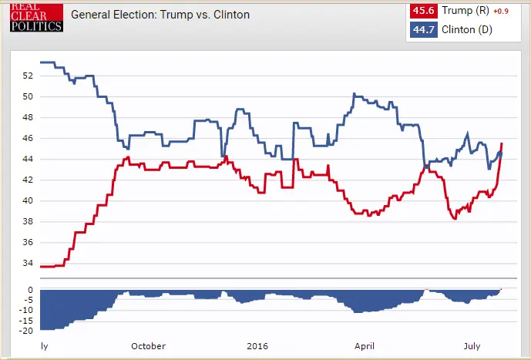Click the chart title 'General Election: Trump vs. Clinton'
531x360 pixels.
click(160, 15)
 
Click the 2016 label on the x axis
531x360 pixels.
click(257, 347)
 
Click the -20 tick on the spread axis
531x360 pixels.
click(25, 331)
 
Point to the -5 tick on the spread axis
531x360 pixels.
click(28, 300)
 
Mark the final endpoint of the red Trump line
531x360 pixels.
click(502, 143)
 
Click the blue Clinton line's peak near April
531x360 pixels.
click(354, 94)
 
